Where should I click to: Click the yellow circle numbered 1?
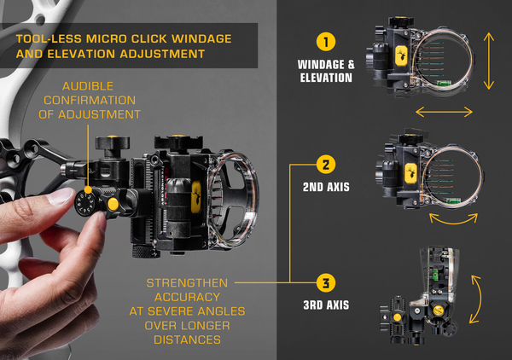point(323,41)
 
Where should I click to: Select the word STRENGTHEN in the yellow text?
point(186,283)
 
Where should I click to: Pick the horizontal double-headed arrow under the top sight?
point(444,111)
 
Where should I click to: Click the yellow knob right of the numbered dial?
point(111,205)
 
